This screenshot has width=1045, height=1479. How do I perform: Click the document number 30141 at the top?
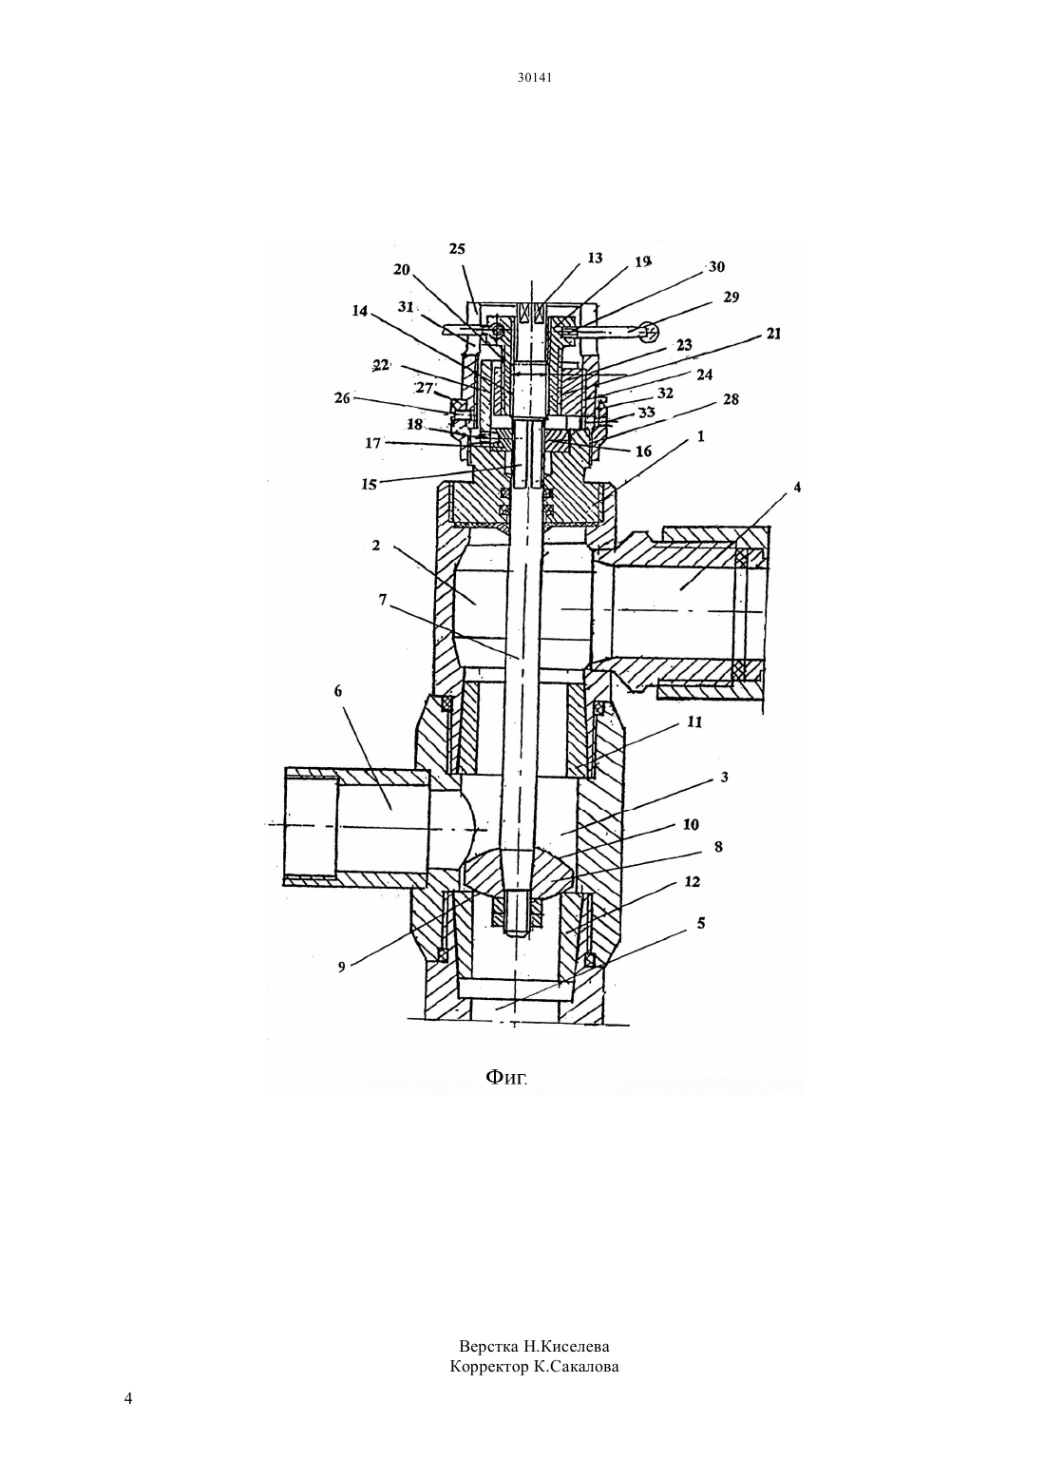pyautogui.click(x=534, y=77)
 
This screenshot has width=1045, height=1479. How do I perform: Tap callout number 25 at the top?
pyautogui.click(x=457, y=249)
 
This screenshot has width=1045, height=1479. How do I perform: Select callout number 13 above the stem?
pyautogui.click(x=595, y=259)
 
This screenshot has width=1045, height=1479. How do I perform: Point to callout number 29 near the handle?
pyautogui.click(x=731, y=298)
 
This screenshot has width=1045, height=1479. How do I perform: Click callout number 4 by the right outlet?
pyautogui.click(x=797, y=488)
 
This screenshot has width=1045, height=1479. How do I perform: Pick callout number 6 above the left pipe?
pyautogui.click(x=338, y=691)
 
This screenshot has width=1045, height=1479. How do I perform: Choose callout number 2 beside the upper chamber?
pyautogui.click(x=376, y=546)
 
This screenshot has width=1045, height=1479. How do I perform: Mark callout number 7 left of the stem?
pyautogui.click(x=383, y=600)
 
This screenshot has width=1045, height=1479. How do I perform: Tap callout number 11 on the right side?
pyautogui.click(x=694, y=721)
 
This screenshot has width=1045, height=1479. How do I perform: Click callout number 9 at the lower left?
pyautogui.click(x=342, y=968)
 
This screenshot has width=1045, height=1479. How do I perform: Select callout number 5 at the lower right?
pyautogui.click(x=701, y=922)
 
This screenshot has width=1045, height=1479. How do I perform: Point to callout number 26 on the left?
pyautogui.click(x=342, y=398)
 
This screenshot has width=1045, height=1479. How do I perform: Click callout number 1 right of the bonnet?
pyautogui.click(x=701, y=436)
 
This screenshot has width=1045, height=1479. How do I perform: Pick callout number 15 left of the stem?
pyautogui.click(x=369, y=484)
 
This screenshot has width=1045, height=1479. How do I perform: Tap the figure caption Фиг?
pyautogui.click(x=506, y=1078)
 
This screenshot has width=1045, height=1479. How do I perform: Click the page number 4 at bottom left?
pyautogui.click(x=128, y=1398)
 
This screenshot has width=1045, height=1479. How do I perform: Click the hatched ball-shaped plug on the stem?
pyautogui.click(x=515, y=869)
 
